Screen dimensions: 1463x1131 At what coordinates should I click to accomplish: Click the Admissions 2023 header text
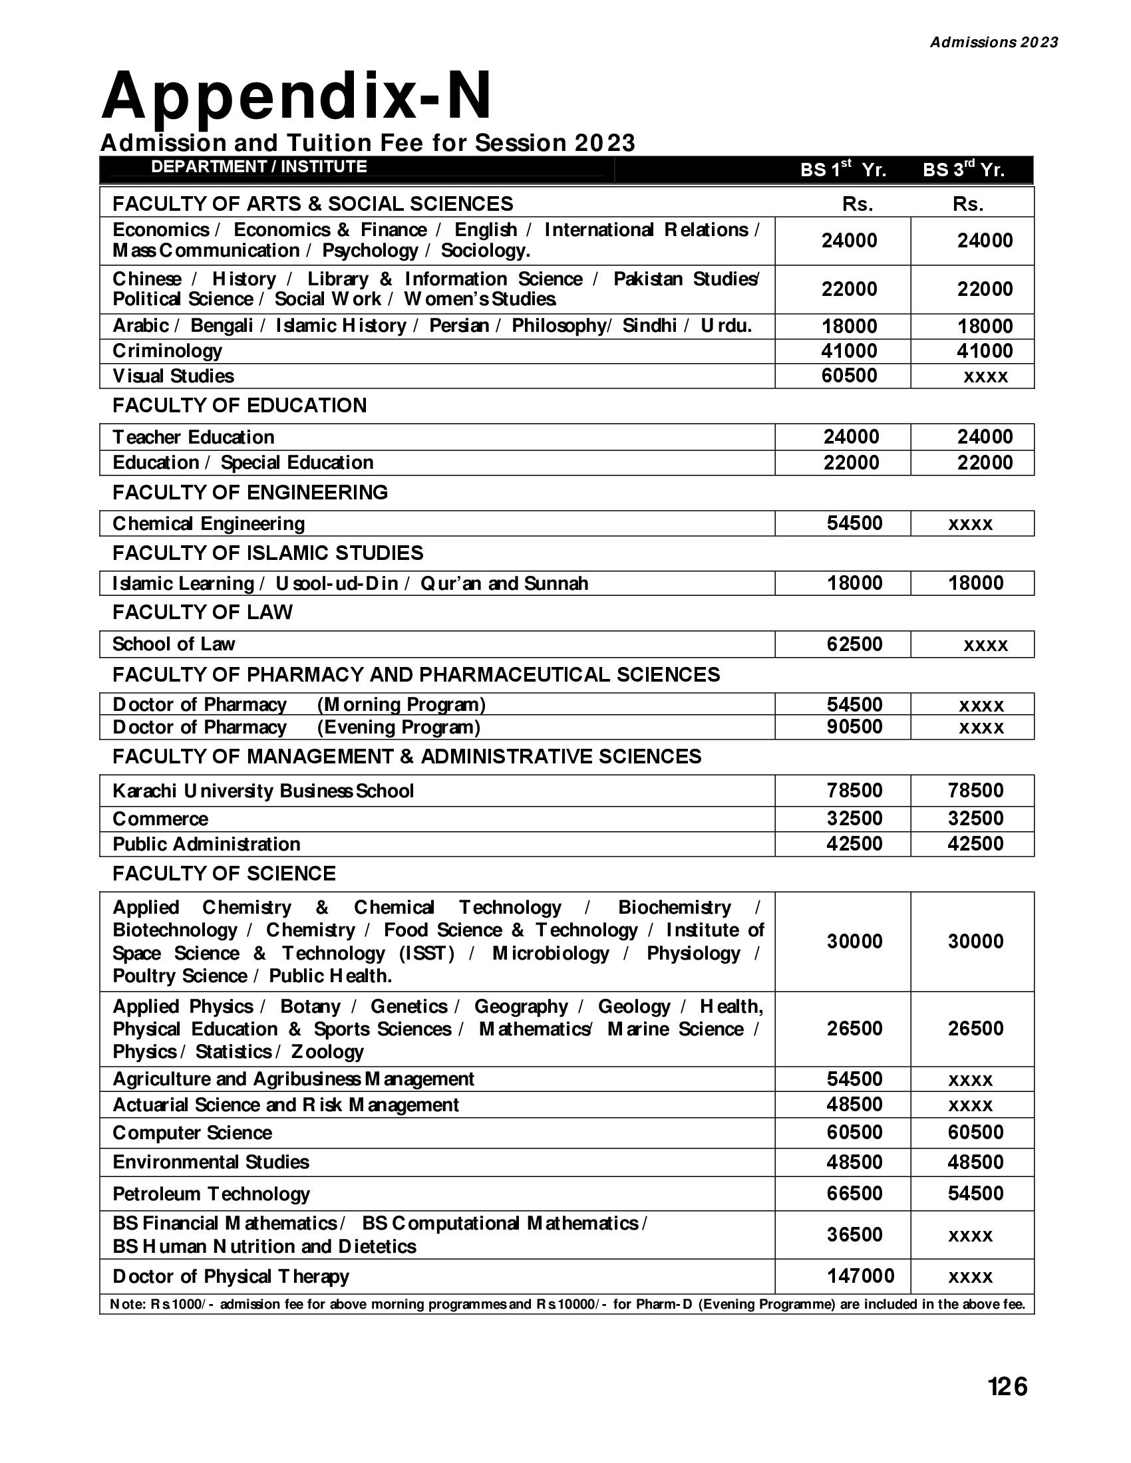[x=994, y=42]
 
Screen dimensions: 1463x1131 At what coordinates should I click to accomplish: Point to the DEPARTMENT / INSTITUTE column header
[x=259, y=167]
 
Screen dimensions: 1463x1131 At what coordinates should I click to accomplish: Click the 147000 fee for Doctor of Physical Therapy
[x=860, y=1275]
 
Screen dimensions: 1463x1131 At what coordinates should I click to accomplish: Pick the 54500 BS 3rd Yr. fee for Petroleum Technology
[x=975, y=1193]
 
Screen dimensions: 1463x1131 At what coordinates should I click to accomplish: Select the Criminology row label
[x=167, y=351]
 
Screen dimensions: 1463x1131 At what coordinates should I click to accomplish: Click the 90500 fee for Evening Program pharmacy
[x=854, y=727]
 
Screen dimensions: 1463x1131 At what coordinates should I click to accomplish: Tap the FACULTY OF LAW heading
[x=202, y=612]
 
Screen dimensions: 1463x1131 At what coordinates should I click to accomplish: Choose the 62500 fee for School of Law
[x=854, y=644]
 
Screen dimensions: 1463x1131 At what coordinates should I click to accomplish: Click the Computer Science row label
[x=192, y=1132]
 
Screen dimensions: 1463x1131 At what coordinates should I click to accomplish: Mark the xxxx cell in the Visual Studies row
[x=985, y=376]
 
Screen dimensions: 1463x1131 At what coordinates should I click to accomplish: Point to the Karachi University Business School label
[x=263, y=791]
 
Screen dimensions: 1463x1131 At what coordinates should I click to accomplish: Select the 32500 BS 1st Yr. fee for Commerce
[x=854, y=819]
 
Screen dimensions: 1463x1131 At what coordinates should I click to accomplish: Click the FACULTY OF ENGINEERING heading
[x=250, y=492]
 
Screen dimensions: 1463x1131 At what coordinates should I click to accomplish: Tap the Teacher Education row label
[x=194, y=438]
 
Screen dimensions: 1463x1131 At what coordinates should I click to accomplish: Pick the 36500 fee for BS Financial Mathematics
[x=854, y=1235]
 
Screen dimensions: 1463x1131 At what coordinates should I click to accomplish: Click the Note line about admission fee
[x=567, y=1304]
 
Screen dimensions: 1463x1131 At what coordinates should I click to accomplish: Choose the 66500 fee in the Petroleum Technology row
[x=854, y=1193]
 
